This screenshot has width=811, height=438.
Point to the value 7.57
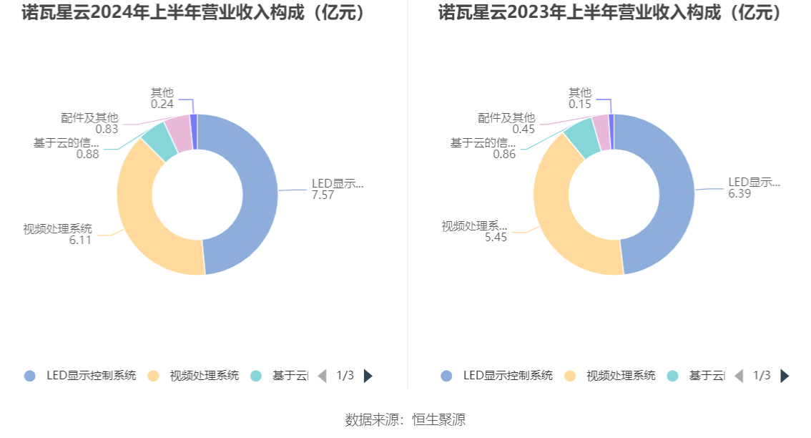[x=323, y=195]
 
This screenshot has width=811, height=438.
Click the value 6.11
[x=80, y=240]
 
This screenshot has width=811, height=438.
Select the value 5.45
[x=496, y=238]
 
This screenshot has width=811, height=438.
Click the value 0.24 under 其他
[x=162, y=104]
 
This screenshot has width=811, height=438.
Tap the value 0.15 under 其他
[x=580, y=104]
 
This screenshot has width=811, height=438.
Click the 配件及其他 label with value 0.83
[x=89, y=118]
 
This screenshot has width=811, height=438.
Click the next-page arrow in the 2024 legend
[x=368, y=376]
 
